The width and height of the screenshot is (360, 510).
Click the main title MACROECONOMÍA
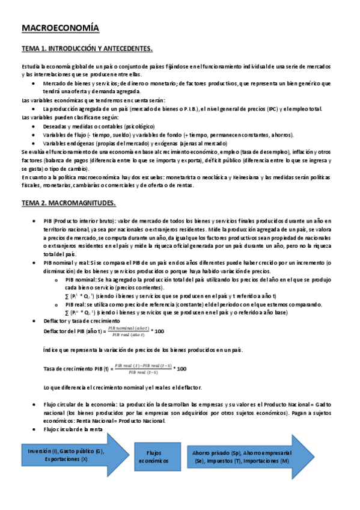[x=61, y=28]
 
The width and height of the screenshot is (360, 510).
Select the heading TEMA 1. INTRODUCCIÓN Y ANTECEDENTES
[x=88, y=48]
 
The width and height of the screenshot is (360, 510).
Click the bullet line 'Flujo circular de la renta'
[x=73, y=429]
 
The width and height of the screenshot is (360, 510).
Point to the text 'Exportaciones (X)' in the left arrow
[x=66, y=459]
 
